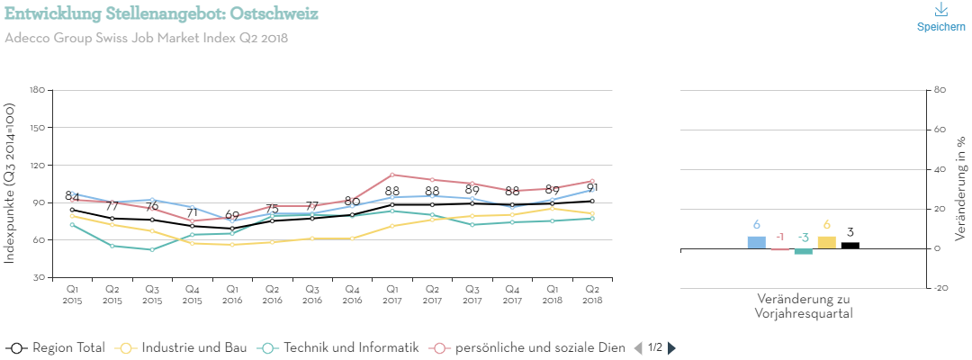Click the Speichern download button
point(940,17)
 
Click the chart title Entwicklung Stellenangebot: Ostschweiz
point(161,14)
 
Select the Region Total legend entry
point(56,347)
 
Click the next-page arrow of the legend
point(671,348)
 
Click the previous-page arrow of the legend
point(638,348)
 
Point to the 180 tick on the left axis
point(37,90)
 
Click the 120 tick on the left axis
point(37,166)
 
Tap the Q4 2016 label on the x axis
point(352,293)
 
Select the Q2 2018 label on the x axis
point(591,293)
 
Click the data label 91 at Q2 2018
point(592,188)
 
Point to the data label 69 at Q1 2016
point(232,215)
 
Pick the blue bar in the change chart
point(757,242)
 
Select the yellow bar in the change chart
point(826,242)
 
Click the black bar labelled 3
point(850,245)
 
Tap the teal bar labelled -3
point(803,251)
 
